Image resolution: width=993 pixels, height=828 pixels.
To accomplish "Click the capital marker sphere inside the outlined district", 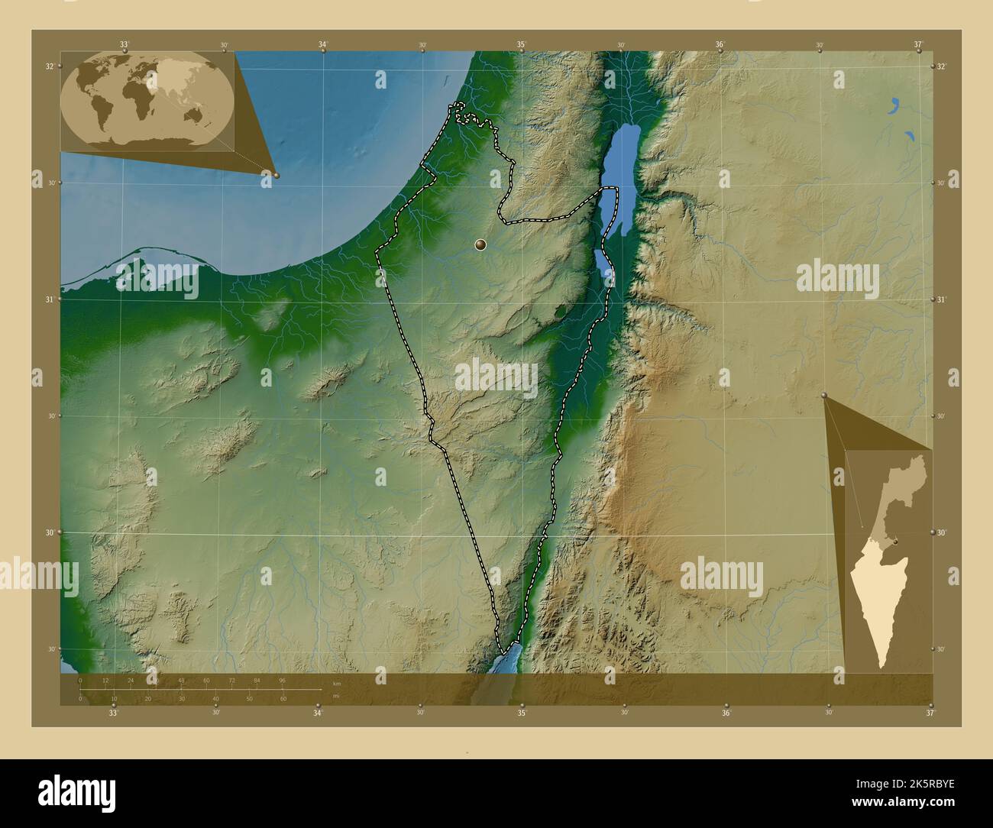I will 480,244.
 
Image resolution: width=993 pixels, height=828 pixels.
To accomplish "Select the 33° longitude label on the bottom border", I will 113,713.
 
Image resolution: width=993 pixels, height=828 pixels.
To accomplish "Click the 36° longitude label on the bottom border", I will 726,713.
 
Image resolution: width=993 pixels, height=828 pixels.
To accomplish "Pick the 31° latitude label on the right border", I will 940,299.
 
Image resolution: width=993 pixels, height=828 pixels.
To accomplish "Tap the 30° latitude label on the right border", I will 940,532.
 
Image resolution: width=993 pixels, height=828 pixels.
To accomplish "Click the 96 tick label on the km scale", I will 282,680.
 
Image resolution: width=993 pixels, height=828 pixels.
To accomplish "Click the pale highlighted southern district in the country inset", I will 878,603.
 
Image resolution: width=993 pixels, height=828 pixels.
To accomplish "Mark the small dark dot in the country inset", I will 895,542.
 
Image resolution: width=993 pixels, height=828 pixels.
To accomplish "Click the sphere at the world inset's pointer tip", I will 277,175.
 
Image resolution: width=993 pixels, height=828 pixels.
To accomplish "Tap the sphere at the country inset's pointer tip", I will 824,395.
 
